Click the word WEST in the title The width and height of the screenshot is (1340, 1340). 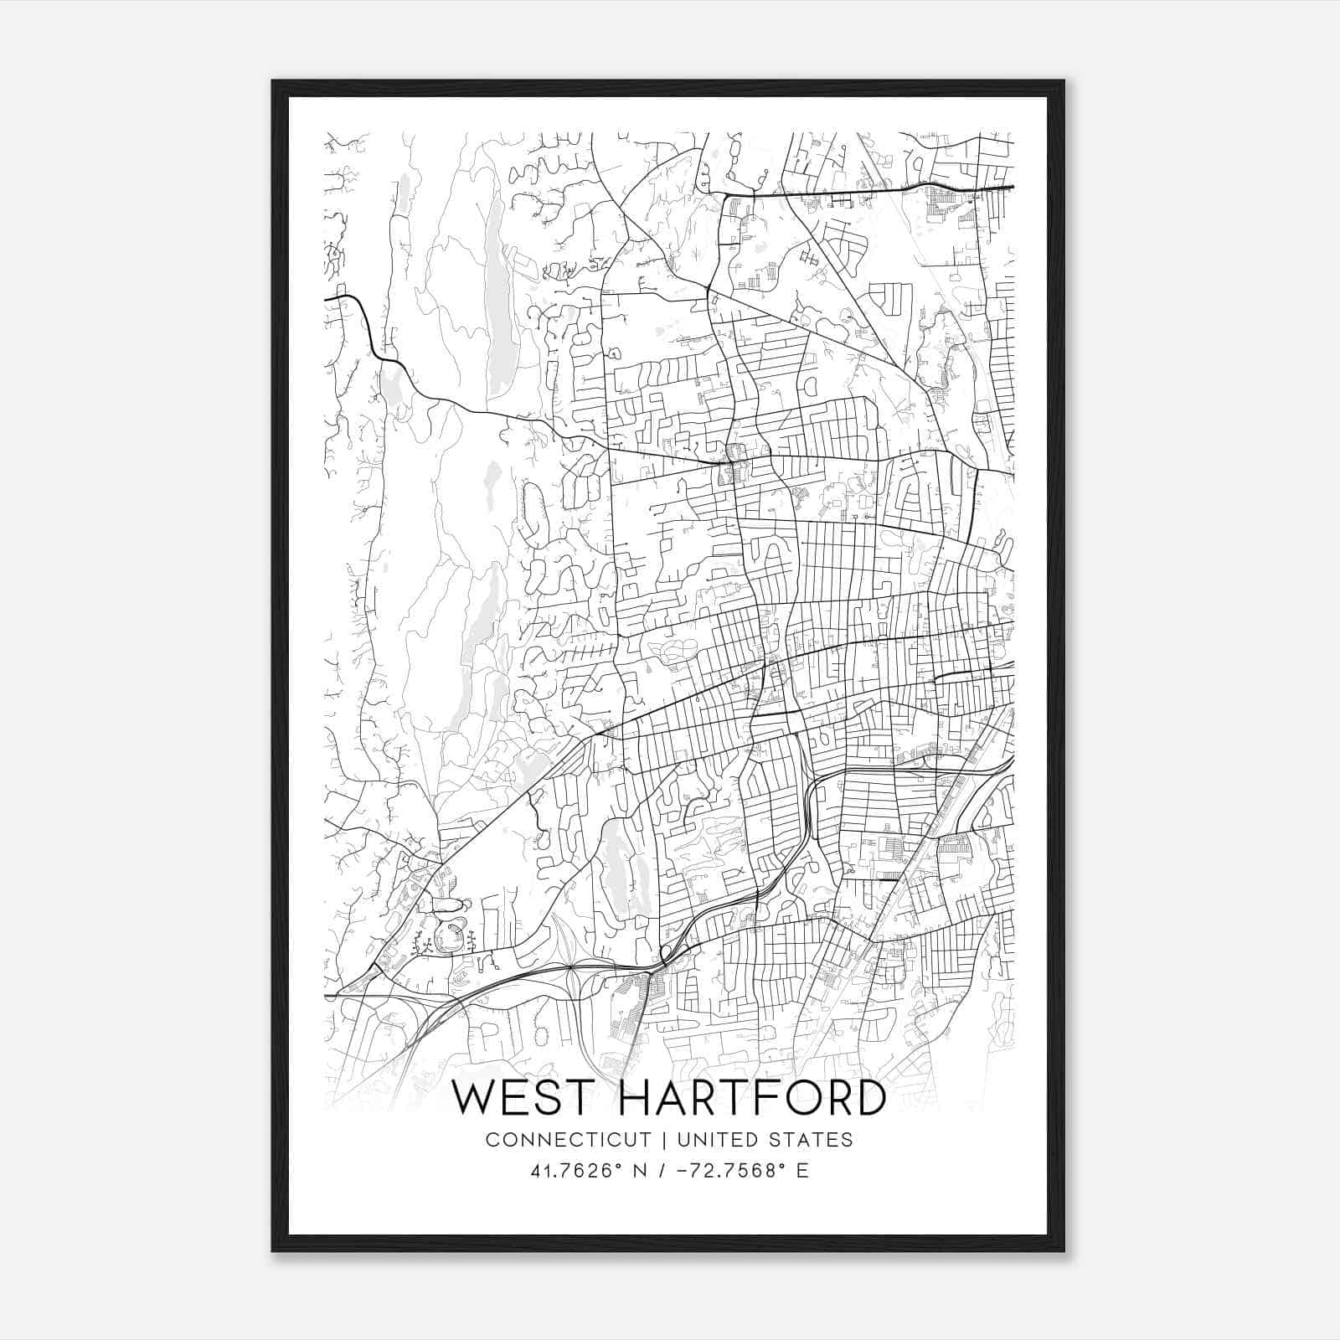pos(525,1098)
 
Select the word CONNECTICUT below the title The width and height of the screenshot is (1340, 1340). pos(568,1140)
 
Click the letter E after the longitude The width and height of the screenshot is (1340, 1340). pos(802,1171)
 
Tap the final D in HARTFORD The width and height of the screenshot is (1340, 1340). pos(869,1098)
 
